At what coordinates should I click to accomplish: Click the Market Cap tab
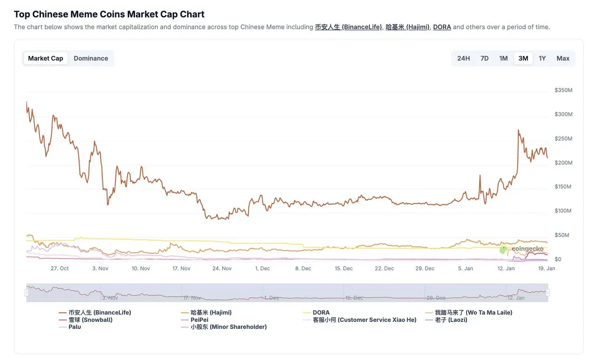click(x=46, y=58)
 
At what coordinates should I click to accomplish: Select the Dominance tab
click(x=91, y=58)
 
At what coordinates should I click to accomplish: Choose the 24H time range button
click(x=463, y=58)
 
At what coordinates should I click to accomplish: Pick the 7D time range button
click(x=484, y=58)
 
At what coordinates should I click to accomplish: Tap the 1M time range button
click(x=503, y=58)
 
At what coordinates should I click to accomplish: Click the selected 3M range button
click(x=523, y=58)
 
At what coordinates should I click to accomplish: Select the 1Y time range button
click(x=542, y=58)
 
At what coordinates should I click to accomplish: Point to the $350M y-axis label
click(x=563, y=90)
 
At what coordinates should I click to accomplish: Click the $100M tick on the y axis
click(x=563, y=211)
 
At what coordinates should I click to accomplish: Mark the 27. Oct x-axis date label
click(x=60, y=268)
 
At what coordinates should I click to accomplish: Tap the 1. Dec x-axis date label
click(x=262, y=268)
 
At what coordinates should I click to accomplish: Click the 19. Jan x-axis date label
click(x=547, y=268)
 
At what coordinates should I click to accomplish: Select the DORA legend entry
click(x=321, y=312)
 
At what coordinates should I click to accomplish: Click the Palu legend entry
click(x=74, y=327)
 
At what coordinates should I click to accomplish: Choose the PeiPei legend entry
click(x=199, y=320)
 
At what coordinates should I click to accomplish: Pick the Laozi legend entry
click(x=451, y=320)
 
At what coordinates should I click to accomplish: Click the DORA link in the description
click(x=442, y=27)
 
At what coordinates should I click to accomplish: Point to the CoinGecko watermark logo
click(x=521, y=249)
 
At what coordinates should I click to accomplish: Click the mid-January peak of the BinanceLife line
click(x=519, y=130)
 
